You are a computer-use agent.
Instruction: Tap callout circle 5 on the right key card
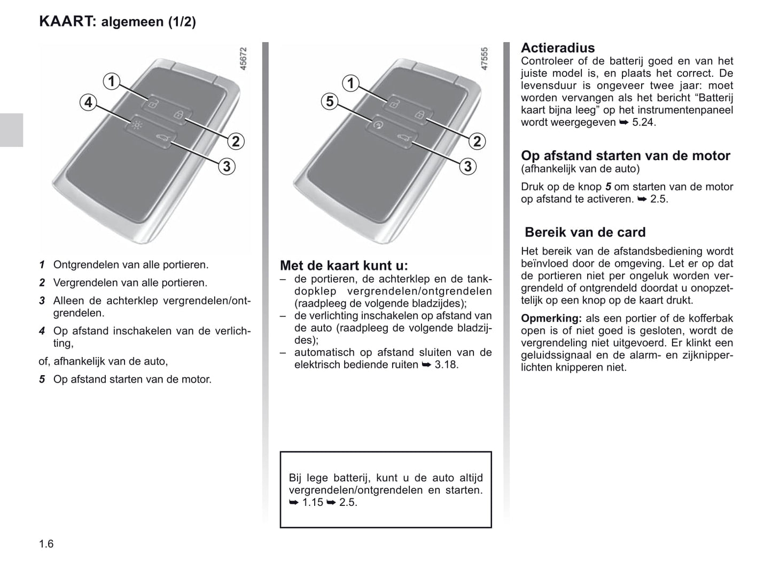(x=330, y=101)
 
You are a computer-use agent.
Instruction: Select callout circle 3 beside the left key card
(x=227, y=166)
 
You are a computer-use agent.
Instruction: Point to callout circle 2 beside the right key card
(x=477, y=141)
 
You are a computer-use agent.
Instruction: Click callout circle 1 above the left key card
(x=111, y=82)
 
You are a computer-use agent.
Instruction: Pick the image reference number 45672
(x=244, y=59)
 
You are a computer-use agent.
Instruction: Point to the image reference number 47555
(x=485, y=59)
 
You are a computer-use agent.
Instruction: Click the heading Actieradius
(x=558, y=47)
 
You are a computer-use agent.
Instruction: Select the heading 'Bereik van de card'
(x=585, y=232)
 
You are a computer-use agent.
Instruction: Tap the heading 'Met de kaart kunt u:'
(x=344, y=265)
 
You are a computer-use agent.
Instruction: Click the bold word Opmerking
(x=551, y=319)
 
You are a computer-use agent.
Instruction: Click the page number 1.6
(x=46, y=544)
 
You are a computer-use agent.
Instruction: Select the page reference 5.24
(x=643, y=122)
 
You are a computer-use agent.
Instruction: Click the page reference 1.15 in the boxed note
(x=313, y=502)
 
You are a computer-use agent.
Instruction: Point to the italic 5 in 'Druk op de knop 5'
(x=607, y=187)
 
